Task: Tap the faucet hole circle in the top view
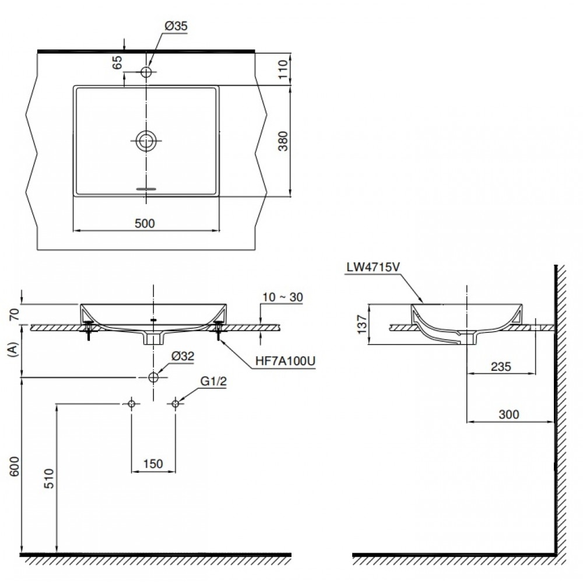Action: pos(146,72)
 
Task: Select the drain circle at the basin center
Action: pos(146,140)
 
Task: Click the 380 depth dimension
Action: pos(282,141)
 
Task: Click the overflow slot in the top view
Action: pos(146,189)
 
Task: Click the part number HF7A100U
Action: pos(285,361)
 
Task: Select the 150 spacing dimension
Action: pos(153,463)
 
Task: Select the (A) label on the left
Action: pos(13,349)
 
